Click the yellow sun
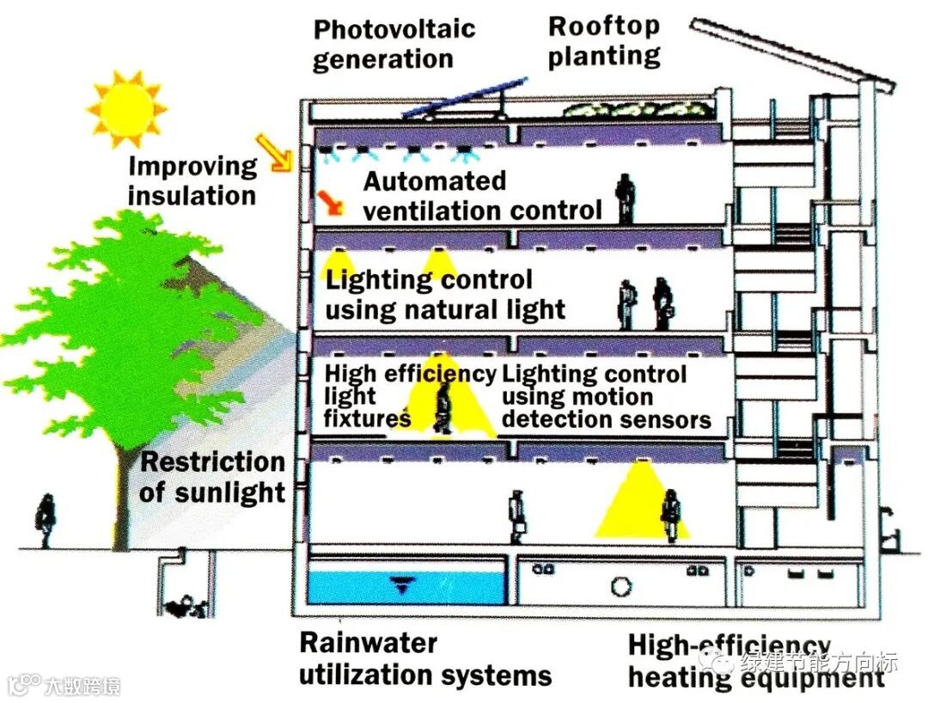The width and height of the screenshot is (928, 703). tap(125, 107)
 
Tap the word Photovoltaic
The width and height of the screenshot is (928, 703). tap(394, 29)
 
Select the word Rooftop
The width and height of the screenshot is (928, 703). tap(604, 26)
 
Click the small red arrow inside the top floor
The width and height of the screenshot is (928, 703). tap(329, 203)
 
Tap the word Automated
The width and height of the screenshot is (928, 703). tap(435, 181)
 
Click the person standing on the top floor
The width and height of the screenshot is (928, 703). tap(625, 197)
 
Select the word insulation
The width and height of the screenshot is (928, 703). tap(192, 195)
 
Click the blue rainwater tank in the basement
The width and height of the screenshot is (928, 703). tap(405, 586)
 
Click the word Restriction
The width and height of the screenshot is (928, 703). tap(212, 462)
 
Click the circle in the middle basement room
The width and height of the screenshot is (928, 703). tap(621, 587)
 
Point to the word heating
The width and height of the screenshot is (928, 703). tap(670, 677)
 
